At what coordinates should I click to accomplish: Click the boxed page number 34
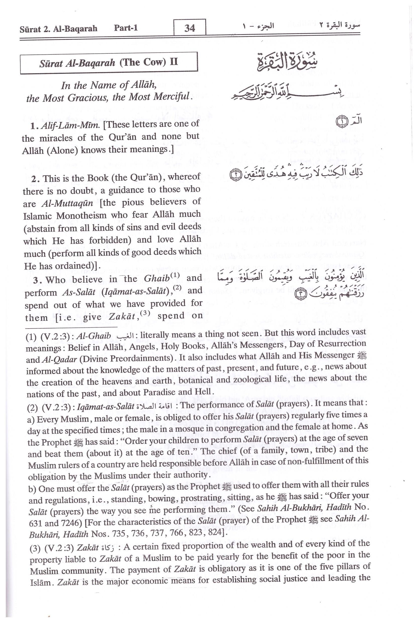190,28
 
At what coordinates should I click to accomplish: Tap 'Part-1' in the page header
126,28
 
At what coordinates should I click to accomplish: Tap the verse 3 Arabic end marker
301,294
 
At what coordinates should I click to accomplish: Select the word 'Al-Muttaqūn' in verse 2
67,204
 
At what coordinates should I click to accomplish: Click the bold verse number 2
35,179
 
